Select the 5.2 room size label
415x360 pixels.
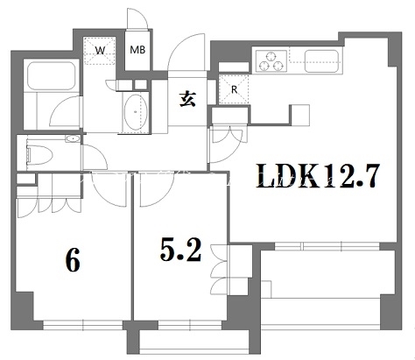(181, 251)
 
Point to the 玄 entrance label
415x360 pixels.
(187, 100)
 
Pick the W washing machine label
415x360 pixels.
(100, 51)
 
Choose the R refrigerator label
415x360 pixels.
(234, 88)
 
